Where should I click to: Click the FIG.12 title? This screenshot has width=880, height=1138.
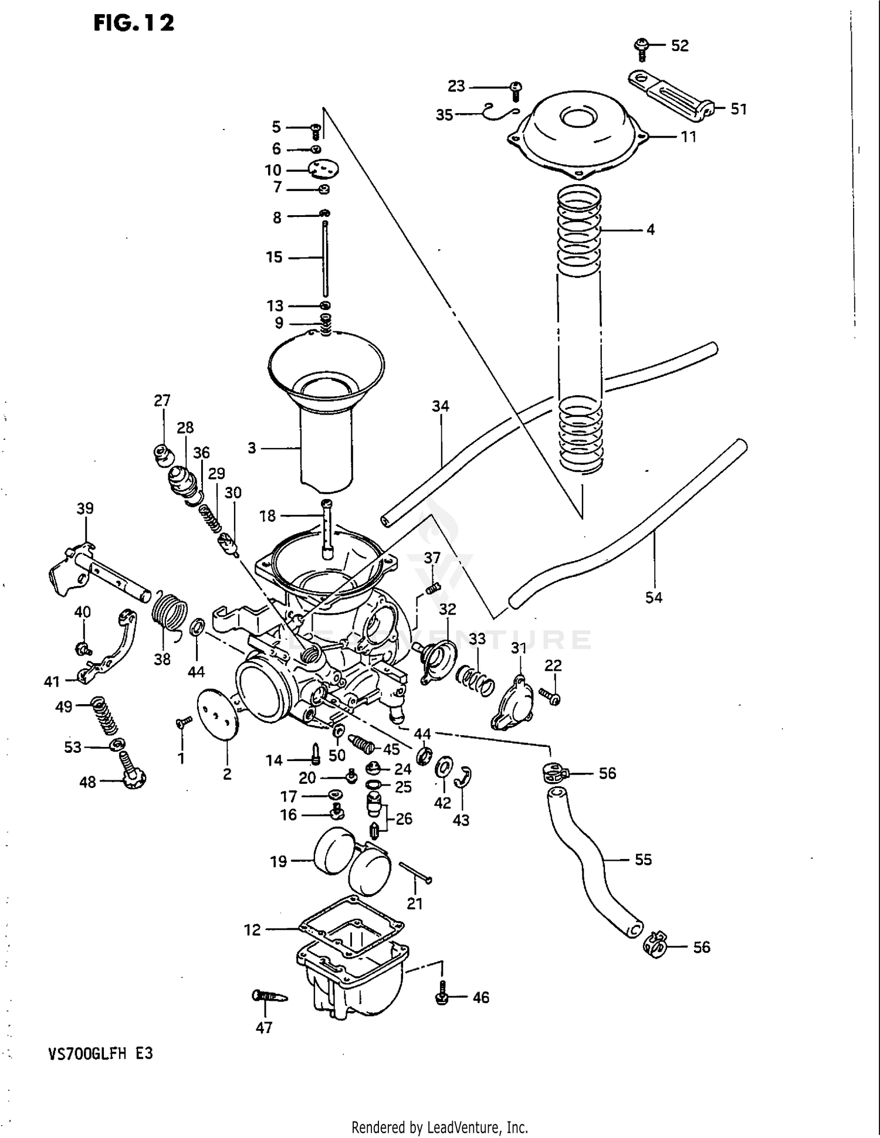134,23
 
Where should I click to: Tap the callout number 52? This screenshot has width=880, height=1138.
679,46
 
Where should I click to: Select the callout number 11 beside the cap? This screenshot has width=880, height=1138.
688,137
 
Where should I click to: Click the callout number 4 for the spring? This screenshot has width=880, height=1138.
650,230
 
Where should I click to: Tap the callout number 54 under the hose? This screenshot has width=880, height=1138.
654,597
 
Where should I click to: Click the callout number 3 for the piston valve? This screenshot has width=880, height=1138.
252,449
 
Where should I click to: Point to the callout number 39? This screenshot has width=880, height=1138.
85,508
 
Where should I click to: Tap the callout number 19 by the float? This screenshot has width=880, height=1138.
278,861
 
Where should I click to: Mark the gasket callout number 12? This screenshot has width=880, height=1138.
252,930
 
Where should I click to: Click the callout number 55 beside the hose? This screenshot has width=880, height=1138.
643,860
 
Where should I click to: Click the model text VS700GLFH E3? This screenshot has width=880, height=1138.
100,1054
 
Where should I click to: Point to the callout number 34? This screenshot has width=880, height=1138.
441,406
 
